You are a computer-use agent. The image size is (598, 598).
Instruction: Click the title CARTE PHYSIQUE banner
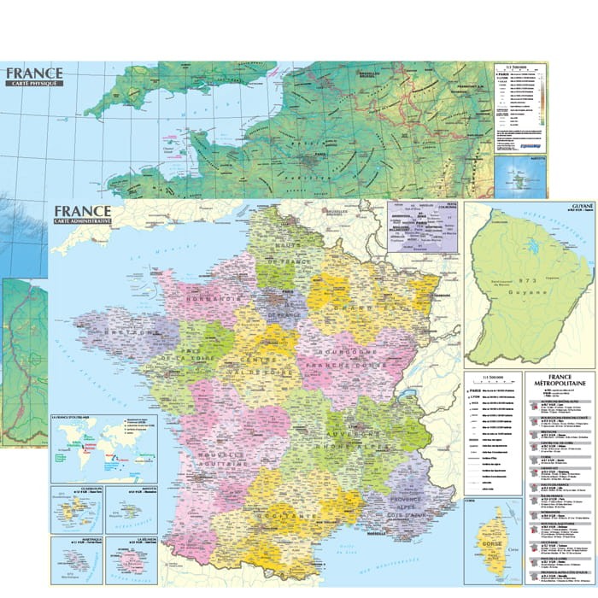click(x=33, y=83)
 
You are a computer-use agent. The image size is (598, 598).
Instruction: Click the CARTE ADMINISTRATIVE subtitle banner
click(x=83, y=221)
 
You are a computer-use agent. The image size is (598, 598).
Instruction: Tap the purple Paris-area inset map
click(x=422, y=226)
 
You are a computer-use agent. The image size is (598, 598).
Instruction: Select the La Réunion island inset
click(x=132, y=560)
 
